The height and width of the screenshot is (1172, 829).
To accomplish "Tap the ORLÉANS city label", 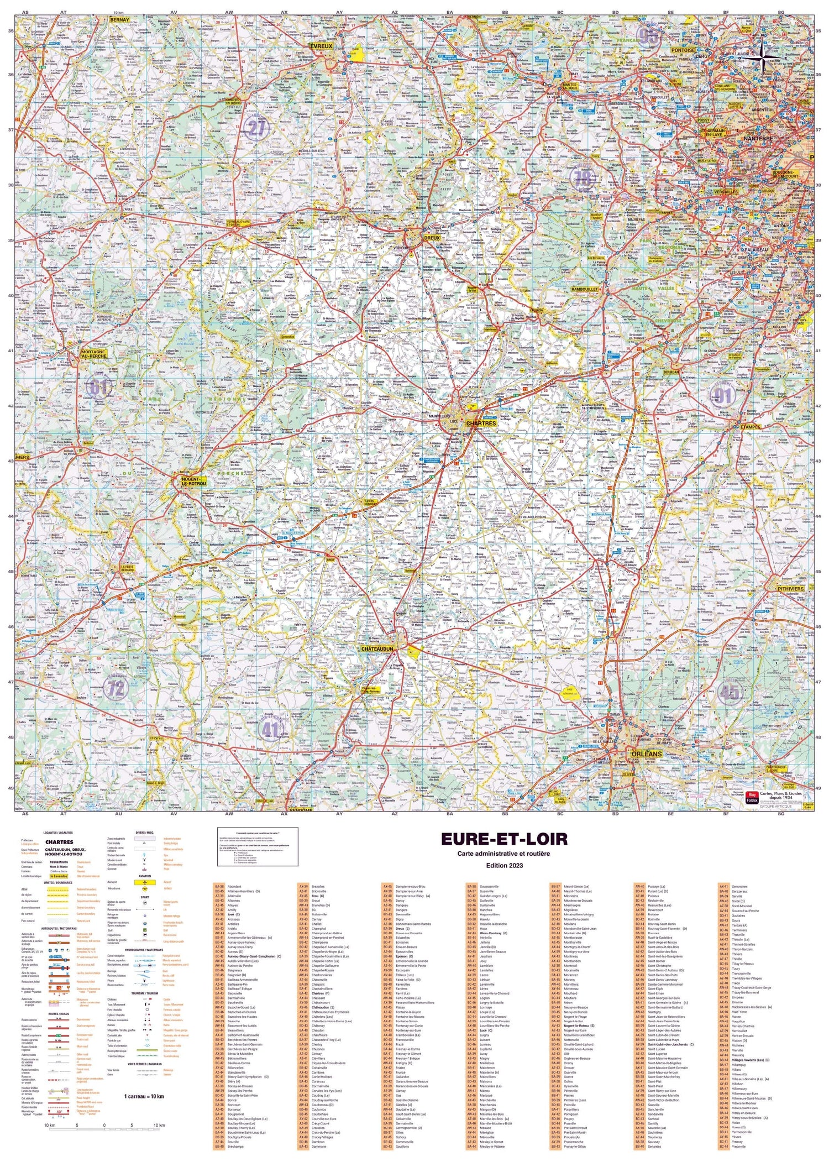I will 644,754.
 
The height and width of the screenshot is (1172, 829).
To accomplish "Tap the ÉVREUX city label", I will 322,46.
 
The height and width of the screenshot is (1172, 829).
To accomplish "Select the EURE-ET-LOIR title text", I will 503,839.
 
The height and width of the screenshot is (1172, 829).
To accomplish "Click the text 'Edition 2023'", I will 503,865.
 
